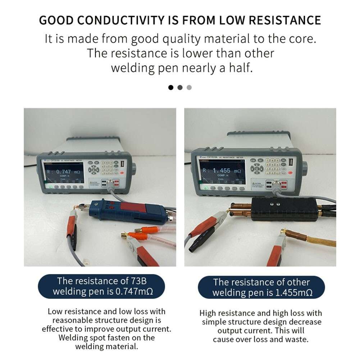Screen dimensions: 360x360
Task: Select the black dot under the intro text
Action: coord(171,87)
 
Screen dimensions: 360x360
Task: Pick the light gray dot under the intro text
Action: coord(190,87)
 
